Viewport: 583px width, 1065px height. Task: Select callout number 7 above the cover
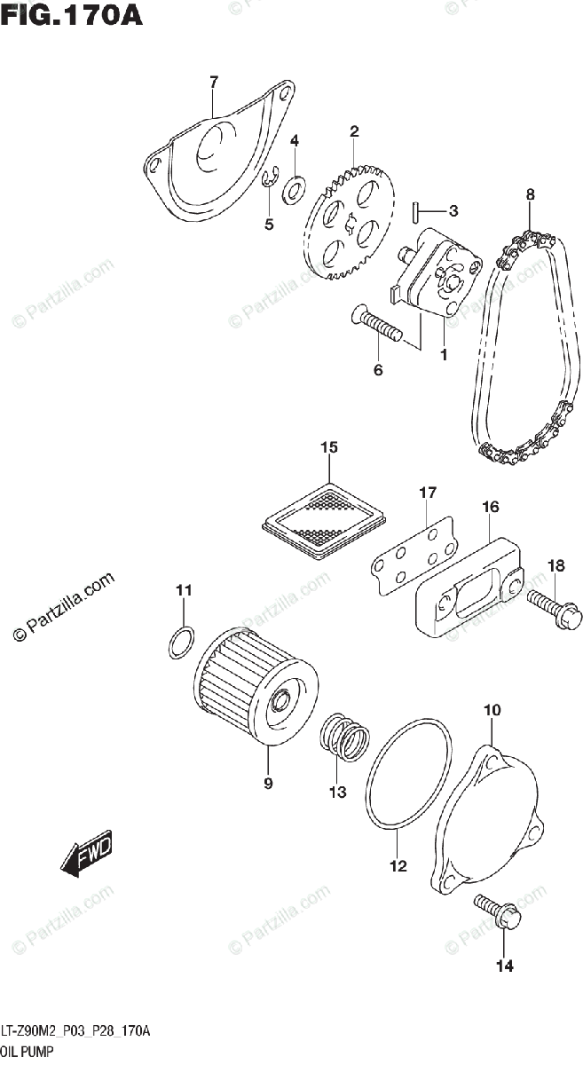[213, 83]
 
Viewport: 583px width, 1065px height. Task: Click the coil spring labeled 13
[344, 736]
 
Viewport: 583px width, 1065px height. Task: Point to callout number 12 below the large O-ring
[398, 866]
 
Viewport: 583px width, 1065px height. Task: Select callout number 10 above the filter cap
[492, 710]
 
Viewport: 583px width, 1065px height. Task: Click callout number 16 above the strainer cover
[490, 507]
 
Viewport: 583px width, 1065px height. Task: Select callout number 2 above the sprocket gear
[354, 132]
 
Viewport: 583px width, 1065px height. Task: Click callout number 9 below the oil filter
[267, 784]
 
